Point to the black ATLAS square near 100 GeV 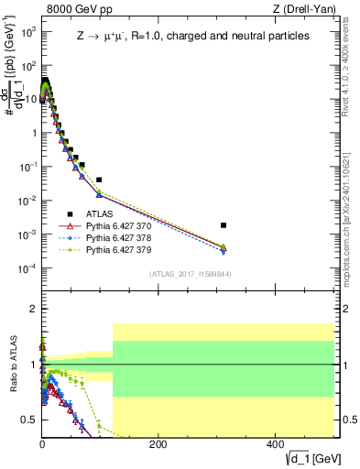click(99, 180)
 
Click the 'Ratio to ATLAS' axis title click(11, 365)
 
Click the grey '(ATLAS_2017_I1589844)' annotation click(190, 273)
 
